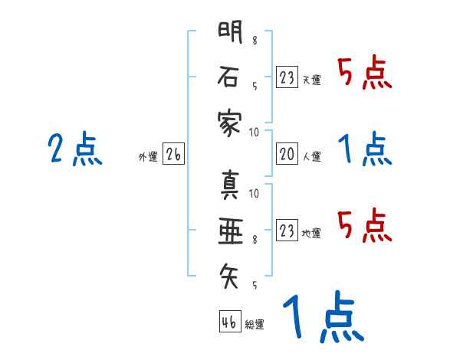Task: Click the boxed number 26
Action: [x=173, y=155]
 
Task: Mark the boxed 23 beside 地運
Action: [x=287, y=230]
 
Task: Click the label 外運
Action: [x=147, y=157]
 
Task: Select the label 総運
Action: [x=255, y=324]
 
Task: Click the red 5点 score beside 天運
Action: [x=365, y=73]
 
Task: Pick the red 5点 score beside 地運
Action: [x=365, y=224]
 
